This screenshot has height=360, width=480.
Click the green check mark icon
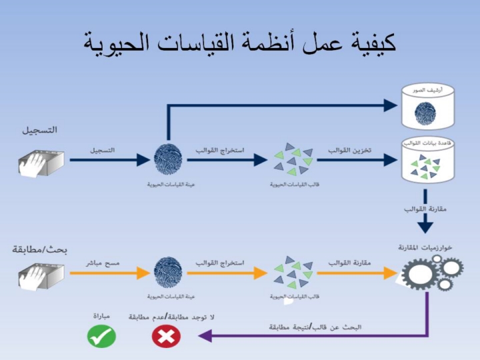(101, 336)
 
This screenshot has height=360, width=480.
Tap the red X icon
(166, 336)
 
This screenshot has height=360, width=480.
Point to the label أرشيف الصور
(425, 89)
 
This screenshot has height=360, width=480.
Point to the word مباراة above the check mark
(101, 317)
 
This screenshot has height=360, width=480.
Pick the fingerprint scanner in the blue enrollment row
(40, 160)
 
